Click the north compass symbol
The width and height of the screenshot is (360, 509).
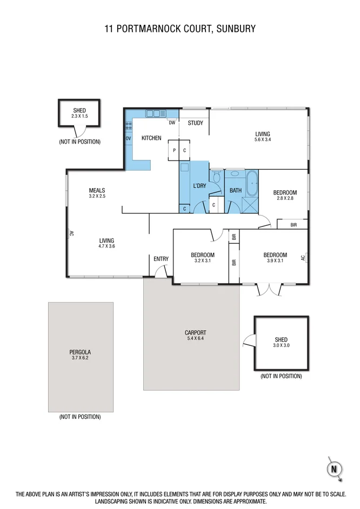pos(335,468)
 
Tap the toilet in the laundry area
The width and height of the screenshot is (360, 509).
pos(216,177)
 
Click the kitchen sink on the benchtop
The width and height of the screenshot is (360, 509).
pos(155,113)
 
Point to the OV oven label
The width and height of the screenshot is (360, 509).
pos(129,138)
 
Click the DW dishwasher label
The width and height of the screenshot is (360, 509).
pos(172,123)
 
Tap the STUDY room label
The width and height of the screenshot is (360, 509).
pos(195,123)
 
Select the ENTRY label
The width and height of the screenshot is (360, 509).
pos(161,259)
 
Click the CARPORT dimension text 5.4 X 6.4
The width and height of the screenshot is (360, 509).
pos(195,339)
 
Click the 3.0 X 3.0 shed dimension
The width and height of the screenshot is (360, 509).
pos(281,345)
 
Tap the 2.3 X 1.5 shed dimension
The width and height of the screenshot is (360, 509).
pos(79,116)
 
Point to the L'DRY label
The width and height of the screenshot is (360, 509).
pos(200,186)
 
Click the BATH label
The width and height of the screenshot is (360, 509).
pos(236,190)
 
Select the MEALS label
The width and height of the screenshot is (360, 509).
pos(97,190)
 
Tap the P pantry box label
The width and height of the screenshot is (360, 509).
pos(174,150)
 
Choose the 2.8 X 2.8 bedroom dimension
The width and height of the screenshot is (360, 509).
pos(285,198)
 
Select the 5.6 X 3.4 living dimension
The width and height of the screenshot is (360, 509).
pos(263,140)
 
